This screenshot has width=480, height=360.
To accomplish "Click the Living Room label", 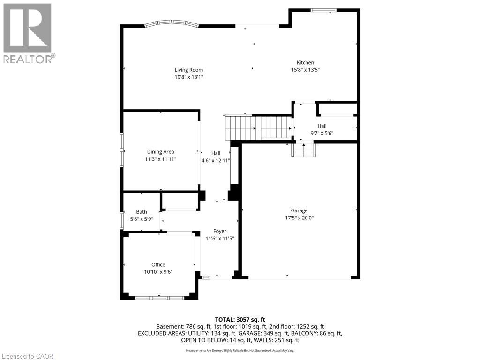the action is click(x=188, y=70).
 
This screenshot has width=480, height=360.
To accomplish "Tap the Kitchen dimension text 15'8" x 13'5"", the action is click(x=305, y=70).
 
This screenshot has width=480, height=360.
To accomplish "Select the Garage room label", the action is click(x=299, y=210).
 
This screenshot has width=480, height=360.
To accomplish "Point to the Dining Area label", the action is click(x=160, y=152).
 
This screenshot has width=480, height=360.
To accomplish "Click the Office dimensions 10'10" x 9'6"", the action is click(x=158, y=272).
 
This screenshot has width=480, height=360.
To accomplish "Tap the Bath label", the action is click(x=142, y=212).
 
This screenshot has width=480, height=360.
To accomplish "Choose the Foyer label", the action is click(x=220, y=232).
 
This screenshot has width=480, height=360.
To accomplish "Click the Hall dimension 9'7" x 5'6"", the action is click(x=322, y=133).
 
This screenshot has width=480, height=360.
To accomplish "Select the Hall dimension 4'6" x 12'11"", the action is click(x=216, y=160).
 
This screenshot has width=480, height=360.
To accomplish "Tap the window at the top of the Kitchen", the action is click(x=323, y=10).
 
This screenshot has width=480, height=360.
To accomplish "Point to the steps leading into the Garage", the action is click(x=304, y=150).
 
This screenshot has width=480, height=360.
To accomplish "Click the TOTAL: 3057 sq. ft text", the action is click(x=240, y=320).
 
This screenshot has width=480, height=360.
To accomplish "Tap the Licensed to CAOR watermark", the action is click(x=28, y=356).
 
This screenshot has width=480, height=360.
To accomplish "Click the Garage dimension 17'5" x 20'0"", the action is click(x=299, y=218).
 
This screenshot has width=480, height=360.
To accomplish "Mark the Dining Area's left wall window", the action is click(x=121, y=150).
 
